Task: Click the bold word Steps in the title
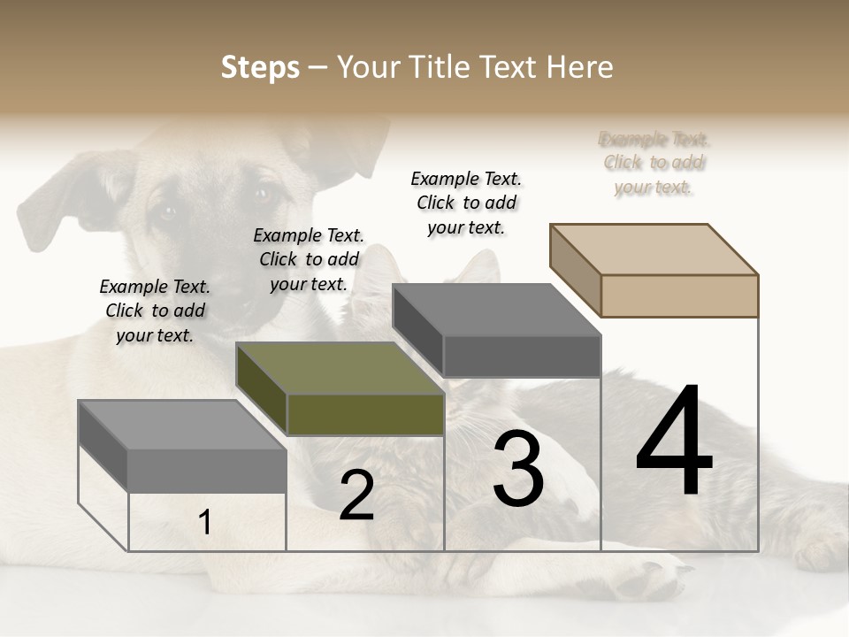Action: click(x=260, y=67)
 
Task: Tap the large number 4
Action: click(x=674, y=441)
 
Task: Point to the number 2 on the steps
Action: click(x=356, y=495)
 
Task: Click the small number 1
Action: click(x=205, y=523)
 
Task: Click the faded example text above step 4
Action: click(x=654, y=163)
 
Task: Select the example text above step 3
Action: click(x=466, y=203)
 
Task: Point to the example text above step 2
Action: click(x=309, y=259)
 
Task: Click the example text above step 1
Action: click(x=155, y=311)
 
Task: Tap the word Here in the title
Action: click(x=580, y=67)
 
